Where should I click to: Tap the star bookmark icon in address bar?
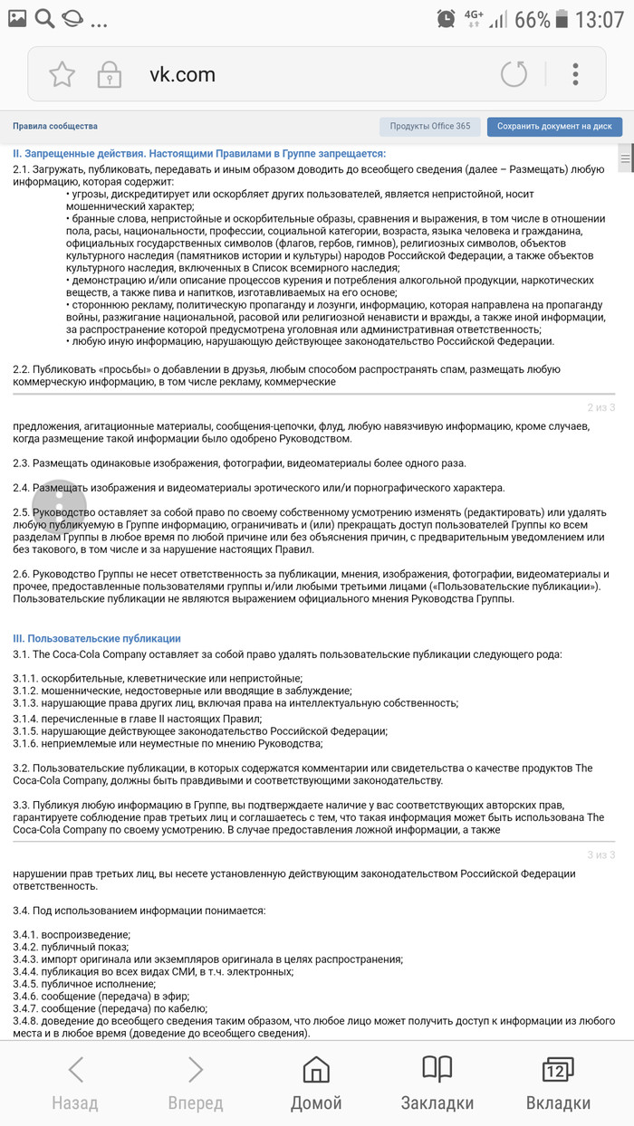click(62, 74)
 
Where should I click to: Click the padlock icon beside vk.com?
click(110, 74)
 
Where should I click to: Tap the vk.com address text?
click(182, 74)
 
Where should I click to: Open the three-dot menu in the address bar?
click(575, 74)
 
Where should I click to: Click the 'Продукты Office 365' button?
click(430, 127)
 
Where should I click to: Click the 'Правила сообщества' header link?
click(55, 127)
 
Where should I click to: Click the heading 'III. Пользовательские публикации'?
click(97, 638)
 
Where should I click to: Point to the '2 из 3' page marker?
click(600, 407)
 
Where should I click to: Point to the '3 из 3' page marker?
click(600, 854)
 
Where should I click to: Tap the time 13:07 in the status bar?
click(600, 19)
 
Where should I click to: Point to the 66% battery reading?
click(532, 19)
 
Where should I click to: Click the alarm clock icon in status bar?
click(446, 18)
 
